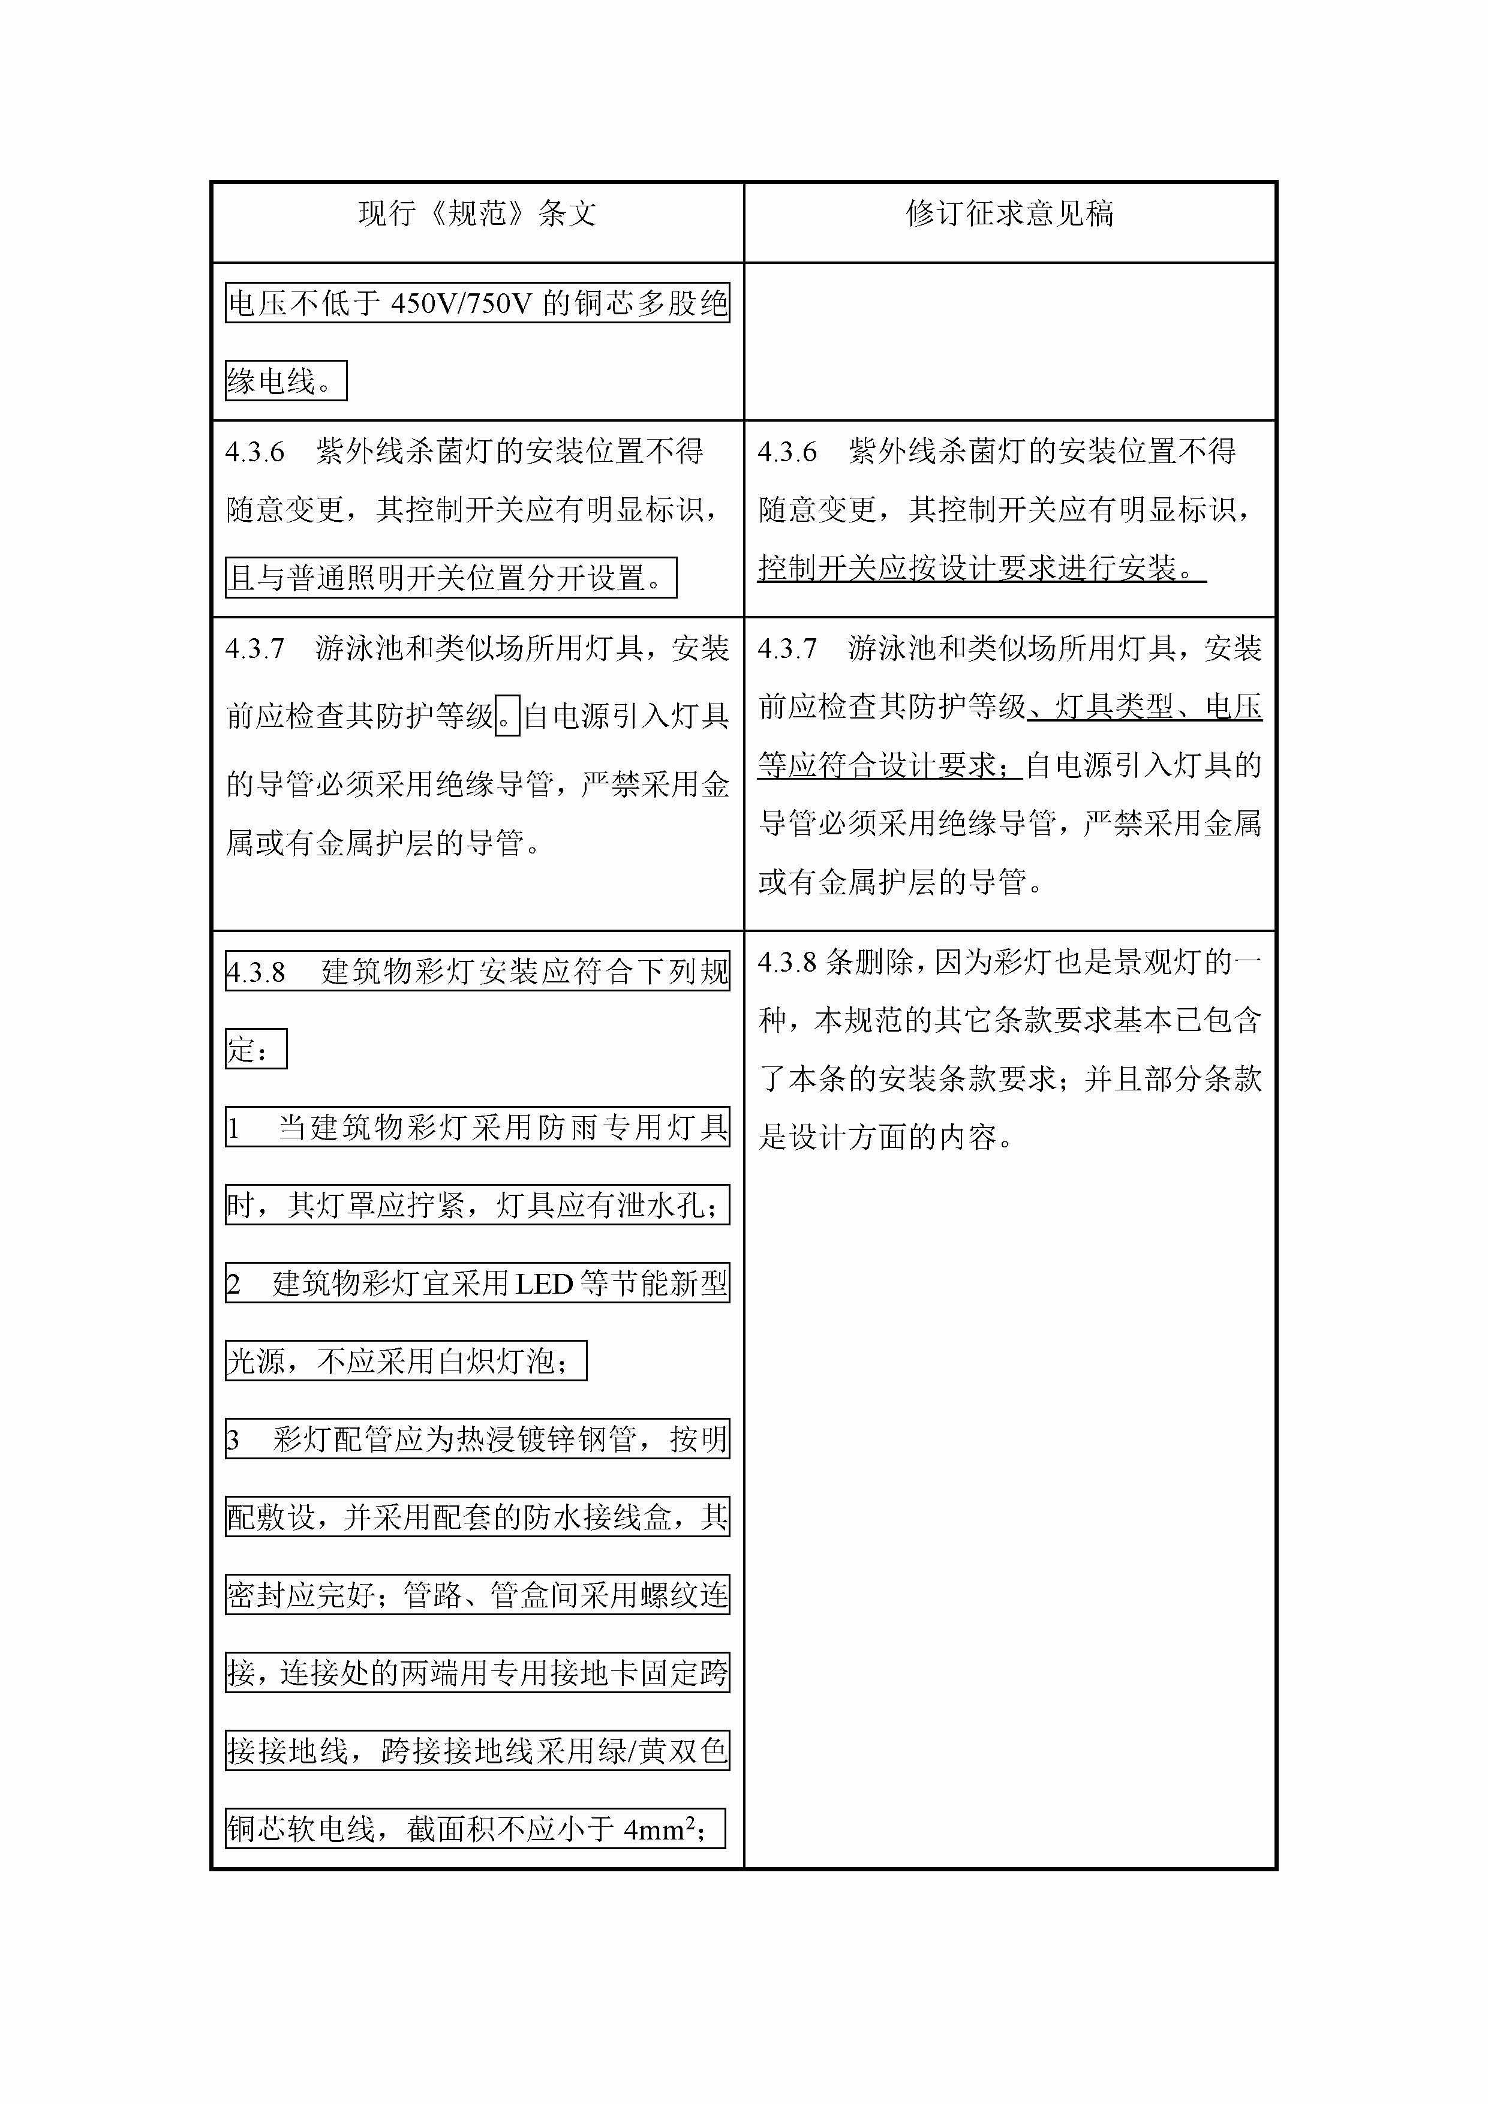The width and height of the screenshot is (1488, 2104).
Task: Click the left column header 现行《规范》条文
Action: (477, 214)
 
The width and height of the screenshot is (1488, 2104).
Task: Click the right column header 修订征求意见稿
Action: (1010, 214)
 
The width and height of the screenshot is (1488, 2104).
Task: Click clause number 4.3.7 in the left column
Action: (255, 650)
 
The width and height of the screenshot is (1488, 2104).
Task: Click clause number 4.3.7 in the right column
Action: (787, 650)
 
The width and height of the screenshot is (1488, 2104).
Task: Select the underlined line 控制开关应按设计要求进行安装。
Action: (981, 569)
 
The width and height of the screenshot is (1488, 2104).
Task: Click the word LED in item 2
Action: (544, 1285)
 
